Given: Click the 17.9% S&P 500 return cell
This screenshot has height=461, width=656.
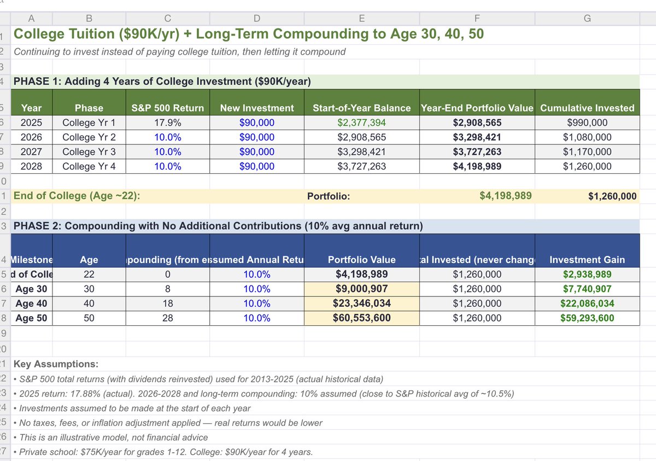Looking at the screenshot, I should (x=167, y=122).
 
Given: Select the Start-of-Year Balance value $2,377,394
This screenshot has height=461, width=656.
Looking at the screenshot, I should (x=361, y=122).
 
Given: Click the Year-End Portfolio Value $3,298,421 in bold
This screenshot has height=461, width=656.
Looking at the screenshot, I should (x=477, y=137).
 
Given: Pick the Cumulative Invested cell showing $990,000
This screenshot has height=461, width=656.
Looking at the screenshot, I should (x=587, y=122).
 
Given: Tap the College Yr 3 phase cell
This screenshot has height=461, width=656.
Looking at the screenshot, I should (x=89, y=151).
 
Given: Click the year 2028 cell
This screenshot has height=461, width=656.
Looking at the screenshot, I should (x=31, y=166).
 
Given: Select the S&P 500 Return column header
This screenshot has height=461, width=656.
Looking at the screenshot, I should (x=167, y=108).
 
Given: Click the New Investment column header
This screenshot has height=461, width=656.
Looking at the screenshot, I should (x=257, y=108).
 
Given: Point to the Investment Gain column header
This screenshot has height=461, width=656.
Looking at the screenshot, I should (x=587, y=260).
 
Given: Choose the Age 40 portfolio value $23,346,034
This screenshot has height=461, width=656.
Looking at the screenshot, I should (x=361, y=304).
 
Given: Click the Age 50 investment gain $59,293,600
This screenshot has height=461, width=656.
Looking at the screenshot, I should (x=587, y=318).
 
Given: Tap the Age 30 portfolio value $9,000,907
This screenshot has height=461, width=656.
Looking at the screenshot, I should (x=361, y=289).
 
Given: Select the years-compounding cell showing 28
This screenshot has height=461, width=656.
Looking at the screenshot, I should (x=167, y=318).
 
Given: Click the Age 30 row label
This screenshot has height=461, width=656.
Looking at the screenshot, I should (x=32, y=289).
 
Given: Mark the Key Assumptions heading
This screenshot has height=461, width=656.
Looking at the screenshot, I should (x=56, y=364).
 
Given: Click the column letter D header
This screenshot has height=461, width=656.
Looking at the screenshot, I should (x=257, y=18).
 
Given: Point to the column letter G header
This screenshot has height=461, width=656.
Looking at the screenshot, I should (x=587, y=18).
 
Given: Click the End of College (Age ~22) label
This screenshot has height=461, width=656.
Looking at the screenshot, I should (x=77, y=196).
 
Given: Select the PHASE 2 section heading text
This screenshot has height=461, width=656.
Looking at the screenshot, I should (x=217, y=226).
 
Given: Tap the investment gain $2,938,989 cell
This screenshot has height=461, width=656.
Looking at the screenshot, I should (x=587, y=275).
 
